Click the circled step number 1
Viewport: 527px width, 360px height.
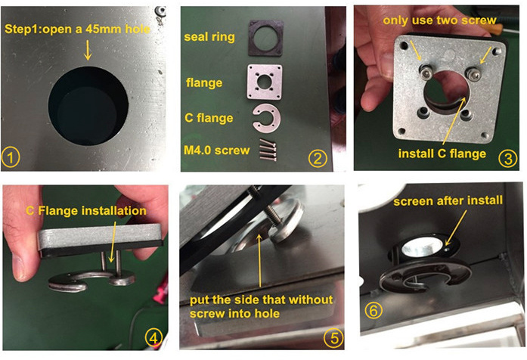click(x=11, y=157)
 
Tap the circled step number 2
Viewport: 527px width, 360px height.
click(x=318, y=158)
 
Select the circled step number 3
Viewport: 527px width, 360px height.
click(x=508, y=158)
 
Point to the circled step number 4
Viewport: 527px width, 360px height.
click(x=154, y=337)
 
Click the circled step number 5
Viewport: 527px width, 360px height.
click(x=333, y=337)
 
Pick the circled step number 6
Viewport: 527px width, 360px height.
click(x=374, y=311)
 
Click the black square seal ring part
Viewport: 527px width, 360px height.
click(x=266, y=38)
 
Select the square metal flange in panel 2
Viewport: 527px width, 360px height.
click(x=265, y=82)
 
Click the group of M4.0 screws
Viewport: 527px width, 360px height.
click(x=268, y=150)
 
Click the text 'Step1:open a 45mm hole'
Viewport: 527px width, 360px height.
click(x=77, y=29)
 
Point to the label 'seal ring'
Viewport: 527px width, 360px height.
click(x=209, y=37)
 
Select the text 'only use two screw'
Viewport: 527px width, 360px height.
click(x=439, y=20)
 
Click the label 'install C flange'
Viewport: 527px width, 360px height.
click(x=442, y=154)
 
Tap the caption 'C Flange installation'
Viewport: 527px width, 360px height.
click(x=86, y=211)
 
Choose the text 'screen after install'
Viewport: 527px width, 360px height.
click(x=448, y=201)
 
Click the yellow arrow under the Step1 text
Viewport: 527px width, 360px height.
click(x=88, y=50)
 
